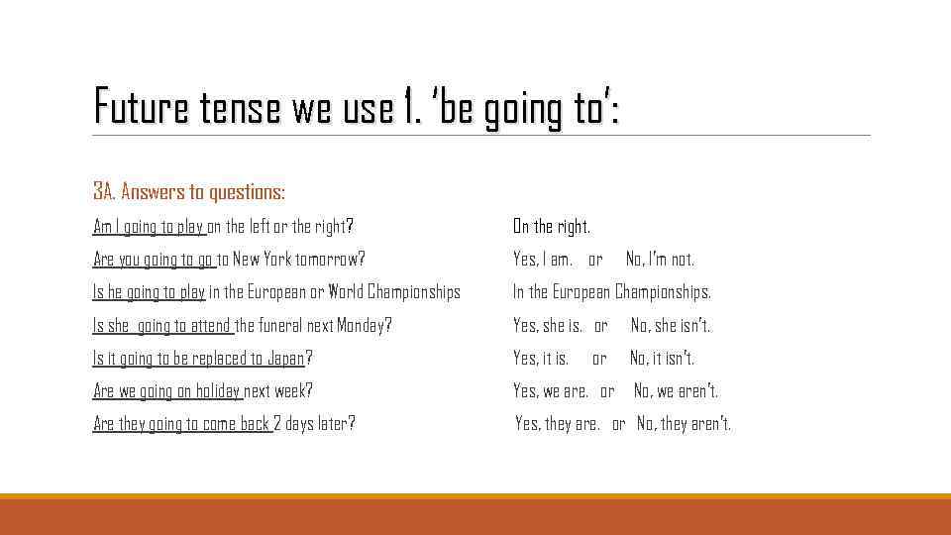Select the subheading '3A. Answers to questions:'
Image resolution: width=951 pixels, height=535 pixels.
pyautogui.click(x=189, y=191)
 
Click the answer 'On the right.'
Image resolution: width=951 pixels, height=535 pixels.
pyautogui.click(x=552, y=227)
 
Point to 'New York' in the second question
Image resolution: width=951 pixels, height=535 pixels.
pyautogui.click(x=261, y=260)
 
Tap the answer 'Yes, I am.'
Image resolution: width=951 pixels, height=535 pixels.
pyautogui.click(x=543, y=260)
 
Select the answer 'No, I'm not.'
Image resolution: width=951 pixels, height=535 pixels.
pyautogui.click(x=660, y=260)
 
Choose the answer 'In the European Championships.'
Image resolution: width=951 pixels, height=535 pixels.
pyautogui.click(x=611, y=292)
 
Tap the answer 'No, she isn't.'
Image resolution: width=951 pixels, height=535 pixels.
pyautogui.click(x=671, y=325)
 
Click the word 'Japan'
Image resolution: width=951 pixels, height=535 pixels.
pyautogui.click(x=284, y=358)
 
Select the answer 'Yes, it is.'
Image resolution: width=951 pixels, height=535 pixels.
pyautogui.click(x=541, y=358)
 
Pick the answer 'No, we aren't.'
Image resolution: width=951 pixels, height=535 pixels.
pyautogui.click(x=676, y=390)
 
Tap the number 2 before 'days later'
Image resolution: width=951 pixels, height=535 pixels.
pyautogui.click(x=277, y=424)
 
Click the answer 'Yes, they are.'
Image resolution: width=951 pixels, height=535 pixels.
pyautogui.click(x=557, y=424)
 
